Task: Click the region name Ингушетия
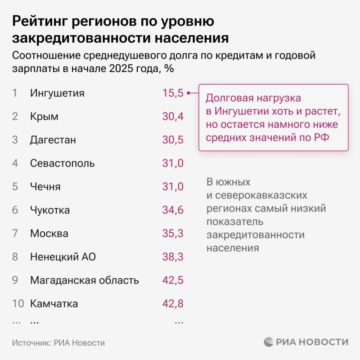pyautogui.click(x=57, y=93)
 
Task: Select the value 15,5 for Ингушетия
pyautogui.click(x=173, y=93)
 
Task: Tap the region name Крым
pyautogui.click(x=44, y=117)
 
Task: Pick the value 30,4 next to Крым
pyautogui.click(x=173, y=117)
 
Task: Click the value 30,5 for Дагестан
pyautogui.click(x=173, y=140)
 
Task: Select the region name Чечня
pyautogui.click(x=45, y=187)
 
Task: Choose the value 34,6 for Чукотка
pyautogui.click(x=173, y=210)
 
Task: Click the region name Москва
pyautogui.click(x=49, y=234)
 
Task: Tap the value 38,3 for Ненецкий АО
pyautogui.click(x=173, y=257)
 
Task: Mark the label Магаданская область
pyautogui.click(x=84, y=280)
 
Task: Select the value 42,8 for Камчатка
pyautogui.click(x=173, y=304)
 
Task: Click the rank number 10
pyautogui.click(x=18, y=304)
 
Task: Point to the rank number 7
pyautogui.click(x=15, y=234)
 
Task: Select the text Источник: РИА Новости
pyautogui.click(x=58, y=342)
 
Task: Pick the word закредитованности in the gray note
pyautogui.click(x=255, y=235)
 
